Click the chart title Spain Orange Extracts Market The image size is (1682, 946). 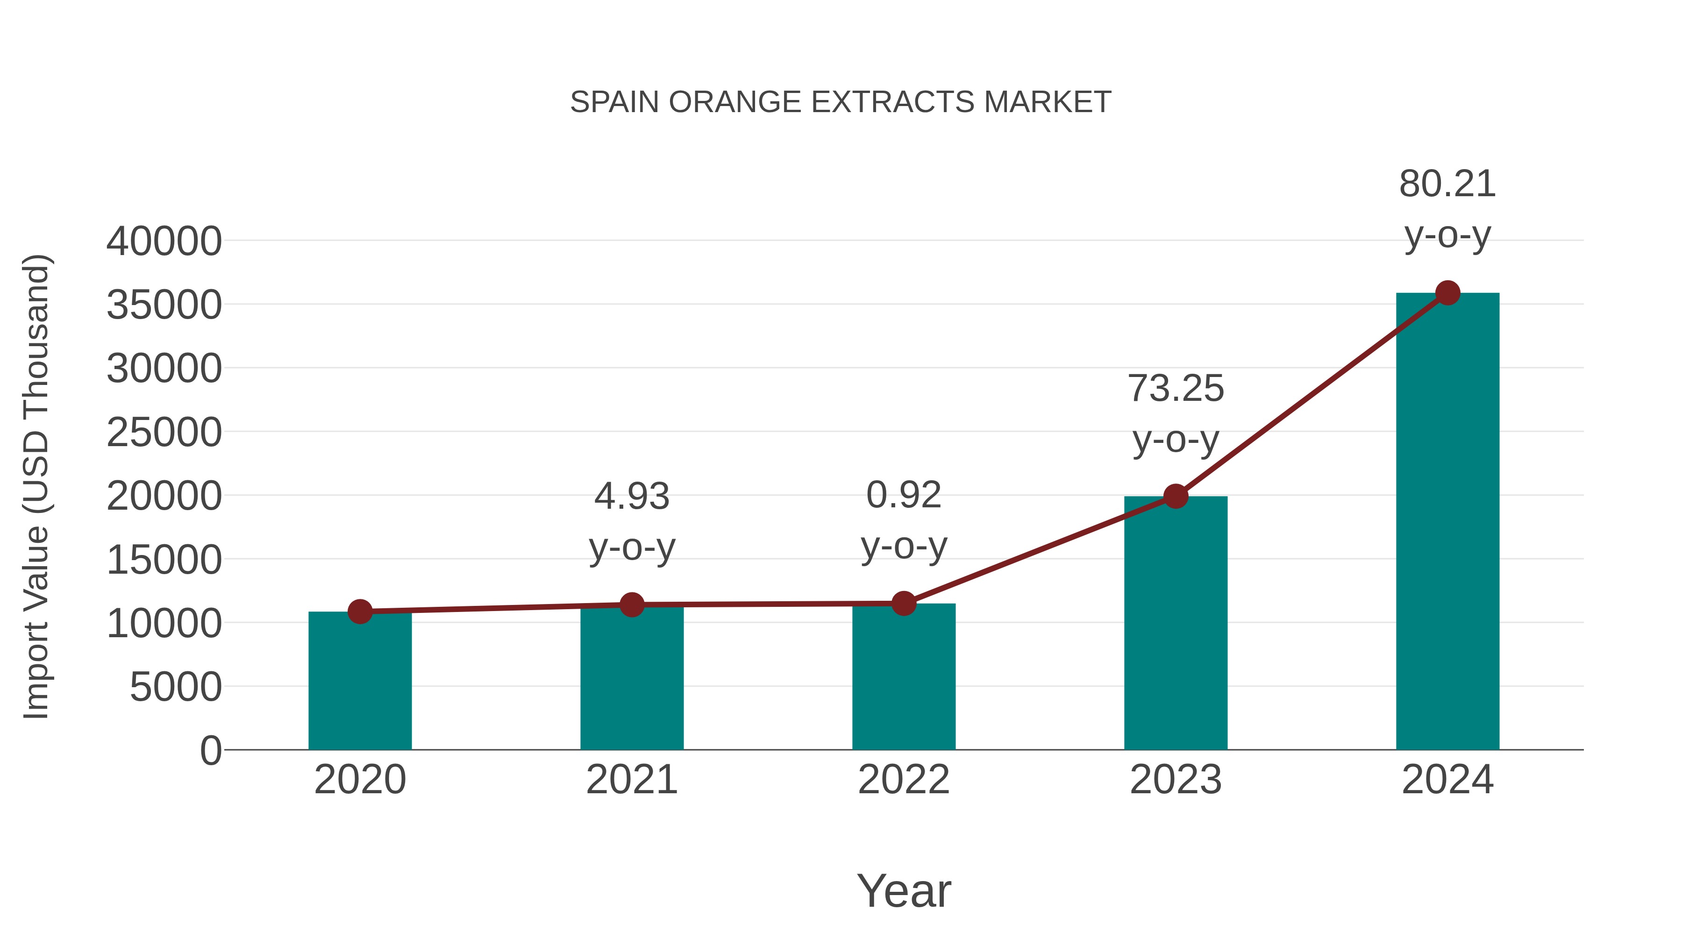point(841,102)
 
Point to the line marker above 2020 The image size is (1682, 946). point(360,612)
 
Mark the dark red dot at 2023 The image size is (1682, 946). point(1176,496)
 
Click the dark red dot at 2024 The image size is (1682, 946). point(1447,293)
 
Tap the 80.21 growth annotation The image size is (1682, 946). point(1447,184)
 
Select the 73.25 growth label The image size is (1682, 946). point(1176,389)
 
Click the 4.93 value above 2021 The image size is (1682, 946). point(631,497)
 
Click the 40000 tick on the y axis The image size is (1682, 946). point(164,242)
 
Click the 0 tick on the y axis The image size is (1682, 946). point(211,751)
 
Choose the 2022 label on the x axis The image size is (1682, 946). point(904,780)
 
